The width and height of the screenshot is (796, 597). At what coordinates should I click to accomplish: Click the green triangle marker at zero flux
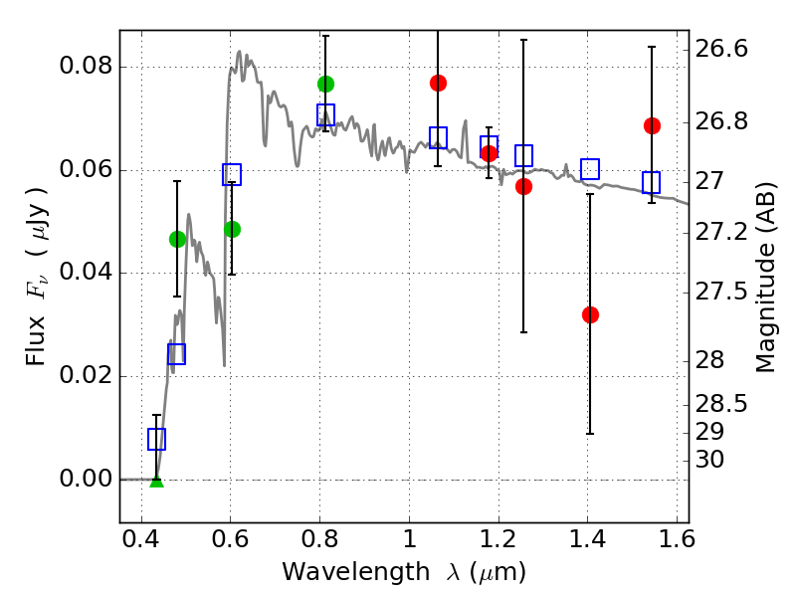(x=156, y=481)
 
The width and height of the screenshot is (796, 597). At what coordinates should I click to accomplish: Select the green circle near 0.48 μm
(x=177, y=239)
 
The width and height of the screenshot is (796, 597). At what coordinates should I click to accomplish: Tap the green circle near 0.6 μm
(x=232, y=229)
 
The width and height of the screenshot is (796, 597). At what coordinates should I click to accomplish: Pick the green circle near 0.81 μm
(x=325, y=84)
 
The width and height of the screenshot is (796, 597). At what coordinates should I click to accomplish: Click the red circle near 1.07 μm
(x=438, y=83)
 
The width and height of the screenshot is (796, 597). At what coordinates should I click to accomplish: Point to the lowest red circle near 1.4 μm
(x=590, y=314)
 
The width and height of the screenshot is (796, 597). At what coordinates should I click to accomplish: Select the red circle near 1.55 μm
(x=652, y=125)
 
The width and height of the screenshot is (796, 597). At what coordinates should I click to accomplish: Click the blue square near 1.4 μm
(x=590, y=169)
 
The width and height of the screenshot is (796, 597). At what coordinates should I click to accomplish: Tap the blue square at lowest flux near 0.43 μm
(x=156, y=439)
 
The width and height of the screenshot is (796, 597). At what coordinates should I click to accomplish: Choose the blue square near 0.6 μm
(x=232, y=175)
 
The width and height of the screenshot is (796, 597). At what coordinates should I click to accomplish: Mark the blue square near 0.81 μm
(x=325, y=114)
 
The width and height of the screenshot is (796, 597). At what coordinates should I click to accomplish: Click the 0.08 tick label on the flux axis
(x=87, y=68)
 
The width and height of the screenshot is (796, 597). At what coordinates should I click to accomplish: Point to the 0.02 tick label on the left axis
(x=87, y=376)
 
